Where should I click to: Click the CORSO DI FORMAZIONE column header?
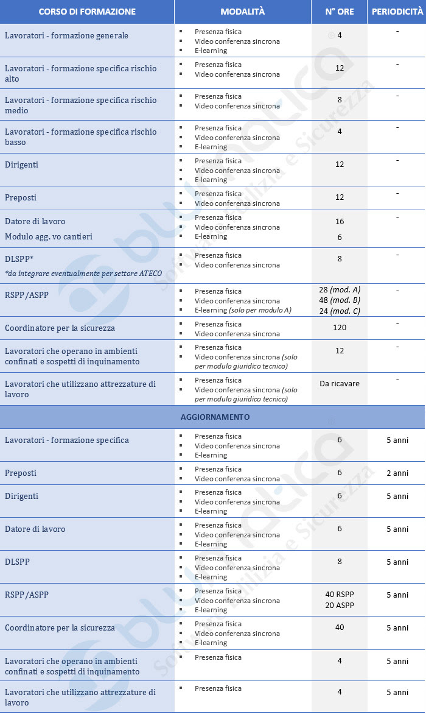87,12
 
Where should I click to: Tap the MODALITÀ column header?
243,12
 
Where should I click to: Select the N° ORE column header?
340,12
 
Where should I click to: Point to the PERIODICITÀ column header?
397,12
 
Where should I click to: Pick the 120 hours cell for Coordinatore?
340,328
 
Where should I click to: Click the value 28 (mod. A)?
340,290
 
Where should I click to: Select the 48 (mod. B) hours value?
340,300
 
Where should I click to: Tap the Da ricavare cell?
340,384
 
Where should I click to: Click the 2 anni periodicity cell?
397,473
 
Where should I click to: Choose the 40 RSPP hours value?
340,595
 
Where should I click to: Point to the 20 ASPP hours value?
340,605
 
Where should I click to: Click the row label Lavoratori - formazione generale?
66,36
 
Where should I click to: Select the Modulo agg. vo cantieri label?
49,237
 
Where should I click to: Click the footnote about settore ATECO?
83,274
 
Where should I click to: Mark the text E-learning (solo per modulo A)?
243,310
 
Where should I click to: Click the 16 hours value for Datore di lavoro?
340,222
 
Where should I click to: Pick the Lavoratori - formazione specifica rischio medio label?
80,105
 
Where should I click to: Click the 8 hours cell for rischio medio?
340,100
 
